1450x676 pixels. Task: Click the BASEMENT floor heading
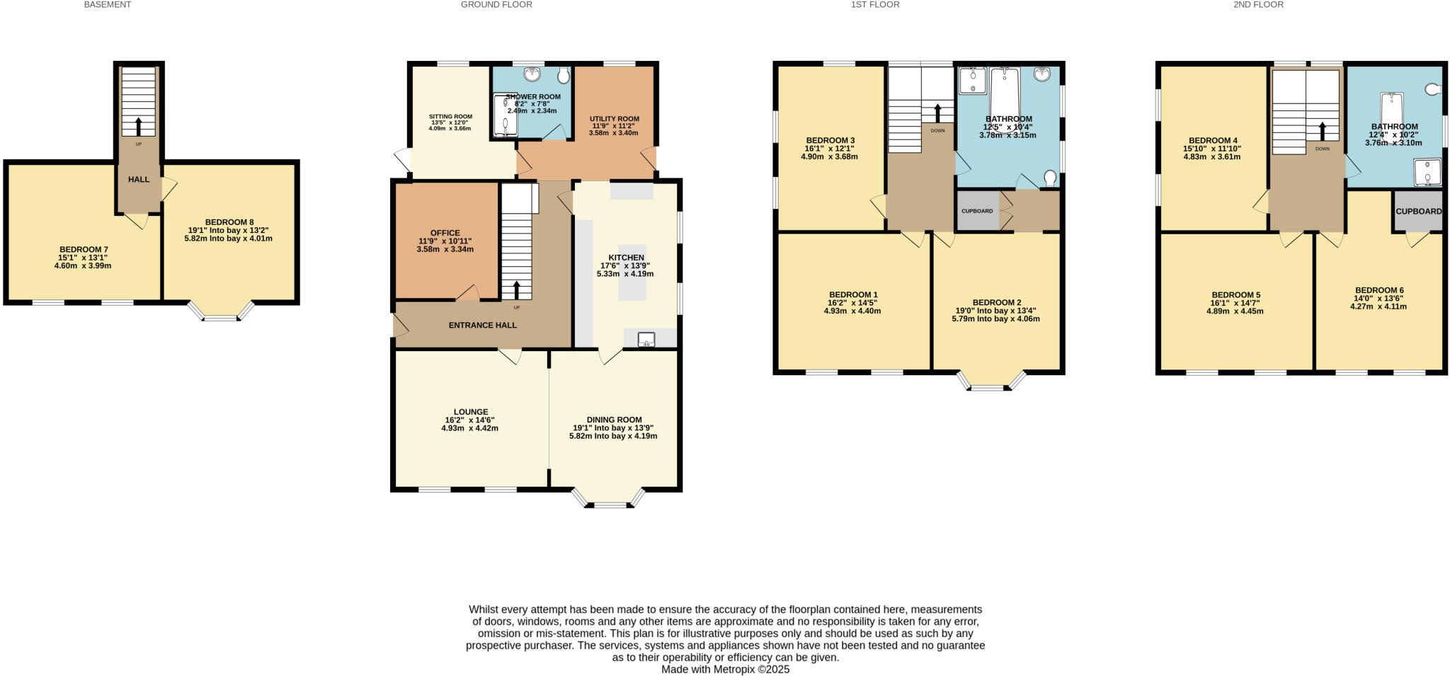(x=107, y=5)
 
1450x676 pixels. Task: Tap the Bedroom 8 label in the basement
(x=229, y=222)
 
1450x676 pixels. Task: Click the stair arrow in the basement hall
(x=138, y=126)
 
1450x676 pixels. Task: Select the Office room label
(x=445, y=233)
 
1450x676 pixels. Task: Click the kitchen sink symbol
(x=646, y=340)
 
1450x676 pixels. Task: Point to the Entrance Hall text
(x=482, y=326)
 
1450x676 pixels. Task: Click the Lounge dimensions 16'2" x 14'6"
(x=470, y=420)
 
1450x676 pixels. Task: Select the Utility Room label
(x=615, y=119)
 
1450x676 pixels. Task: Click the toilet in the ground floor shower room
(x=564, y=75)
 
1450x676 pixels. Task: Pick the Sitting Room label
(x=450, y=117)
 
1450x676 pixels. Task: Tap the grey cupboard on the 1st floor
(x=977, y=211)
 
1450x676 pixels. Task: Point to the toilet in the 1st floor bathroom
(x=1050, y=177)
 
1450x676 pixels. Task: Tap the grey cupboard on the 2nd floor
(x=1418, y=211)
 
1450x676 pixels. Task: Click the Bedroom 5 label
(x=1235, y=295)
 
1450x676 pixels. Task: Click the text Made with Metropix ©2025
(x=725, y=669)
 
